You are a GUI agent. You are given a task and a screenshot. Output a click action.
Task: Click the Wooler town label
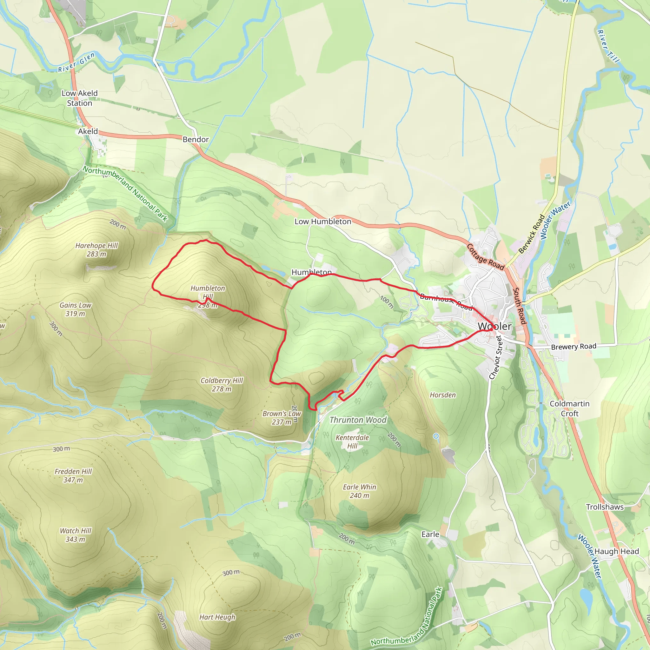tap(494, 326)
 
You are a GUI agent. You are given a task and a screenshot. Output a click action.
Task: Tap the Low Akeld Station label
tap(79, 98)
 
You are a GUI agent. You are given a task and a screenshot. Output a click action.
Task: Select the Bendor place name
tap(196, 139)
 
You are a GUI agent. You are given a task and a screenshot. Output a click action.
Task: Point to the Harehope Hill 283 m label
tap(96, 250)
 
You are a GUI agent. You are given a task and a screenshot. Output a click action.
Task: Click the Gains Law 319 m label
tap(75, 309)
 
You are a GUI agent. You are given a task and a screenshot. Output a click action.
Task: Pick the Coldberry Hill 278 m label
tap(222, 385)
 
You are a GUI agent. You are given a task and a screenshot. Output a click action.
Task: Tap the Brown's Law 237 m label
tap(282, 418)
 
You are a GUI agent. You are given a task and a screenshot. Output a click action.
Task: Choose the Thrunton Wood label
tap(358, 420)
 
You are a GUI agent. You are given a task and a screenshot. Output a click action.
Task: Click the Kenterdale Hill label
tap(352, 442)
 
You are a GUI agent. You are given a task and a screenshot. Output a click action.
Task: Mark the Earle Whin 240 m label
tap(359, 491)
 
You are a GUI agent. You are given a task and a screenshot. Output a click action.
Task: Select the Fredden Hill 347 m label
tap(73, 476)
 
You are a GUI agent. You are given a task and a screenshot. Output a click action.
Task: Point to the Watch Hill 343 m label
tap(75, 535)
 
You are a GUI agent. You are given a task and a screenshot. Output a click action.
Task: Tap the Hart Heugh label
tap(217, 617)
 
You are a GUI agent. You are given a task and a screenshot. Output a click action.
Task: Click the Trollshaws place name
tap(605, 507)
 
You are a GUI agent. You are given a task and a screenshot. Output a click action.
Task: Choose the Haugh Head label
tap(616, 551)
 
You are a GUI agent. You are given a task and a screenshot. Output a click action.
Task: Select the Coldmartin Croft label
tap(569, 408)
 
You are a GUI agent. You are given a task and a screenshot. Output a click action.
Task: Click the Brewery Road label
tap(573, 347)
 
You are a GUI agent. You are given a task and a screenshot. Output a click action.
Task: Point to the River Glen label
tap(76, 63)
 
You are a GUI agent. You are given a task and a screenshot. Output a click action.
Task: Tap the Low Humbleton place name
tap(323, 222)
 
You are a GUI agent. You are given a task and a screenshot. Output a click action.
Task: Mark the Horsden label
tap(443, 395)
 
